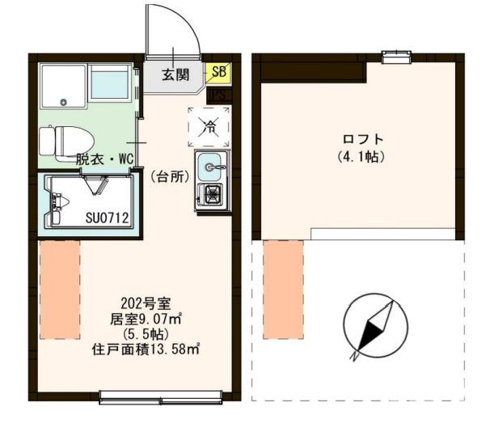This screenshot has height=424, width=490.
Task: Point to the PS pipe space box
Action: (218, 95)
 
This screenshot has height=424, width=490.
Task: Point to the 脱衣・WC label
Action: (104, 159)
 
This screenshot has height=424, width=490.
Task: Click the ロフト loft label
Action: (361, 138)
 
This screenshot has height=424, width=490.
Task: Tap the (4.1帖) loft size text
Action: (361, 155)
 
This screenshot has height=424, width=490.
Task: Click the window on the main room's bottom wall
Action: (160, 396)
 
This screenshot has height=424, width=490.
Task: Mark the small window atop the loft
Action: (395, 56)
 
